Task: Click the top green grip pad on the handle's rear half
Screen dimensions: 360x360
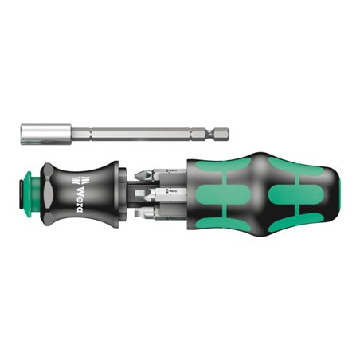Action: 292,163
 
